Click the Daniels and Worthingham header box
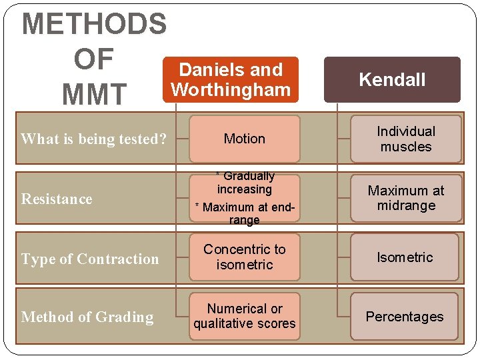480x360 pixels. pyautogui.click(x=231, y=79)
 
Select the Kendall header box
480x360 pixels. pyautogui.click(x=392, y=80)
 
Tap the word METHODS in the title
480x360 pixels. pyautogui.click(x=94, y=24)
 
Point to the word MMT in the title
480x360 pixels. pyautogui.click(x=93, y=95)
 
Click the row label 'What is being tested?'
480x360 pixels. pyautogui.click(x=93, y=139)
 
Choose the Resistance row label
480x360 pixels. pyautogui.click(x=57, y=199)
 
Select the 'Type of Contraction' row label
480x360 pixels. pyautogui.click(x=90, y=259)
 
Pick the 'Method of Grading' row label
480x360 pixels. pyautogui.click(x=87, y=317)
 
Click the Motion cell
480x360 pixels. pyautogui.click(x=244, y=139)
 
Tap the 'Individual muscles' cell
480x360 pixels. pyautogui.click(x=405, y=139)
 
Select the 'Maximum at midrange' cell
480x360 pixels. pyautogui.click(x=405, y=198)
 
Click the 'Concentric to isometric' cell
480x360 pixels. pyautogui.click(x=244, y=257)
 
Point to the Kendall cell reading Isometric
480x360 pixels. pyautogui.click(x=405, y=257)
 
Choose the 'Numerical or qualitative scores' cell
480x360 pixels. pyautogui.click(x=244, y=316)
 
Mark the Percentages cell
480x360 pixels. pyautogui.click(x=405, y=317)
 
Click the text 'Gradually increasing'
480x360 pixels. pyautogui.click(x=245, y=182)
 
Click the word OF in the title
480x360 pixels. pyautogui.click(x=94, y=59)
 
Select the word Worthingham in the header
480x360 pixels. pyautogui.click(x=231, y=89)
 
